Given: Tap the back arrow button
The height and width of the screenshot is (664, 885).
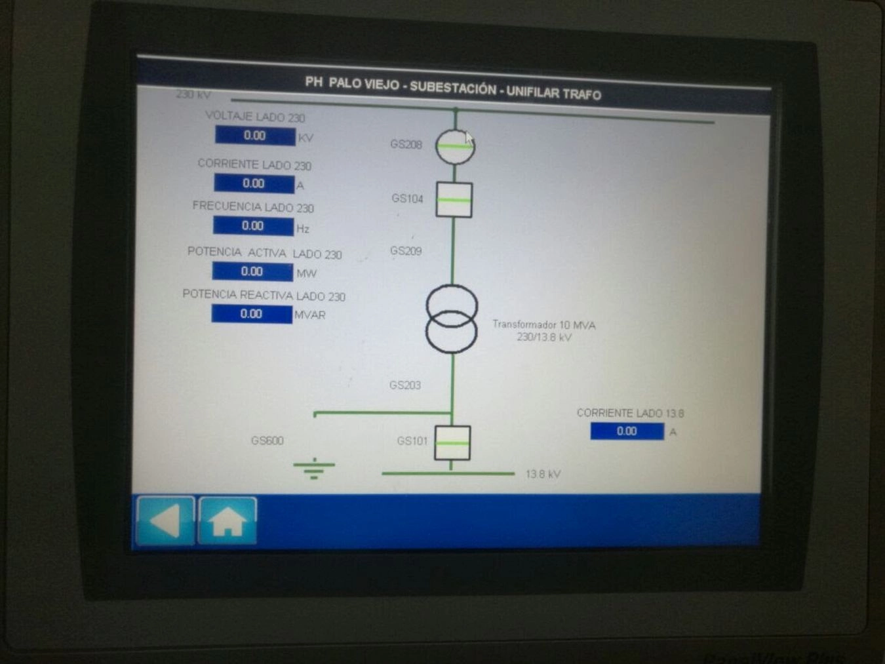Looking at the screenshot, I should pos(165,521).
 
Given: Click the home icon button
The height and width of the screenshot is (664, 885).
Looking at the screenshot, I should pos(227,521).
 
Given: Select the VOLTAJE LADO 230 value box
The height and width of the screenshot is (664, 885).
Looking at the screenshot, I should pos(255,136).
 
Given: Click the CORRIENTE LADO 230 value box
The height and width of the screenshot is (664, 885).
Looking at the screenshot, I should pos(254,184).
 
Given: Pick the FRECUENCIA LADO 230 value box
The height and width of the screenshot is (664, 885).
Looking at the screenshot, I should pos(253,226).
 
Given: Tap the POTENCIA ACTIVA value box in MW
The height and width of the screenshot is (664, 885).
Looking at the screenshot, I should pos(252,271).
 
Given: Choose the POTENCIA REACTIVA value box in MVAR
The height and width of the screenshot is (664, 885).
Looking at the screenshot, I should pos(252,314).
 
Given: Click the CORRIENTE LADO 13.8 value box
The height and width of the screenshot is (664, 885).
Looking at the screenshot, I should pos(627,431).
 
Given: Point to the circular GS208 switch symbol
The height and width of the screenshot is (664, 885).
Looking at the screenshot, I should pos(455,146).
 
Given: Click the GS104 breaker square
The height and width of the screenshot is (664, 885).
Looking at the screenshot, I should pos(454,200).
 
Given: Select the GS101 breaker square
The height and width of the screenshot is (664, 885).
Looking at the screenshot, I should pos(452,443).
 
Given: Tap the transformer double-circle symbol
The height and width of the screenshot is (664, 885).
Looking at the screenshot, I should pos(452,319).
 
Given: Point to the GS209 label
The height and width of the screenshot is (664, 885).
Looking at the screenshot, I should pos(406,251).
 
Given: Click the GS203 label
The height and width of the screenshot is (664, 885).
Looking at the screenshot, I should pos(405,385).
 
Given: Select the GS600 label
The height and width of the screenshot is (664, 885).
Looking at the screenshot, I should pos(267,441).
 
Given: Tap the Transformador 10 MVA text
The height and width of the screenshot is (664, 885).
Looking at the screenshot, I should pos(543,325).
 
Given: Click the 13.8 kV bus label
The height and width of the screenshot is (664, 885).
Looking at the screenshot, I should pos(543,474).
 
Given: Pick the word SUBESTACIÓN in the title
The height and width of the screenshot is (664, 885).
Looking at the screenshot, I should pos(453,88).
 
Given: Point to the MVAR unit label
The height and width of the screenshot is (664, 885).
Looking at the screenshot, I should pos(310,315).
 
